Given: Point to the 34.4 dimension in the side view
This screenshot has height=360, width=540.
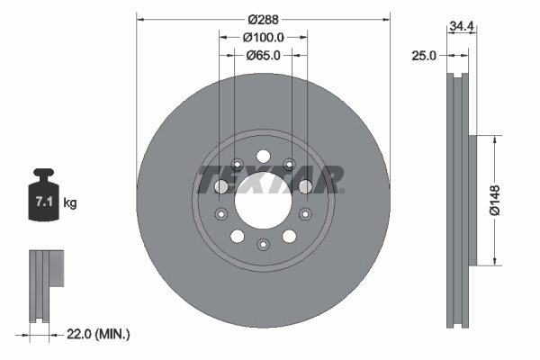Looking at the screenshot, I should coord(463,28).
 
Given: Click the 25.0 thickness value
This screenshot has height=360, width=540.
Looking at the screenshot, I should coord(422,55).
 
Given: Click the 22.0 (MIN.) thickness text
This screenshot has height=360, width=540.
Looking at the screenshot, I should coord(100,334).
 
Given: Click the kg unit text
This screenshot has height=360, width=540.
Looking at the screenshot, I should coord(70,203).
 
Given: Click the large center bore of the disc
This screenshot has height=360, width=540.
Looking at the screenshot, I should coord(262,203).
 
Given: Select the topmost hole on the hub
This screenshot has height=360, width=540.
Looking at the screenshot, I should coord(262,154).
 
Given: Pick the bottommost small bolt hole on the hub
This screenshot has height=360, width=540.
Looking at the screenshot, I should coord(262,245).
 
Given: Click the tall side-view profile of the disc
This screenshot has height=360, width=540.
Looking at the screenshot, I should coord(463,202).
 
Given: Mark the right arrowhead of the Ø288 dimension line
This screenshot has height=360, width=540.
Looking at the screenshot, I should coord(388,16).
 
